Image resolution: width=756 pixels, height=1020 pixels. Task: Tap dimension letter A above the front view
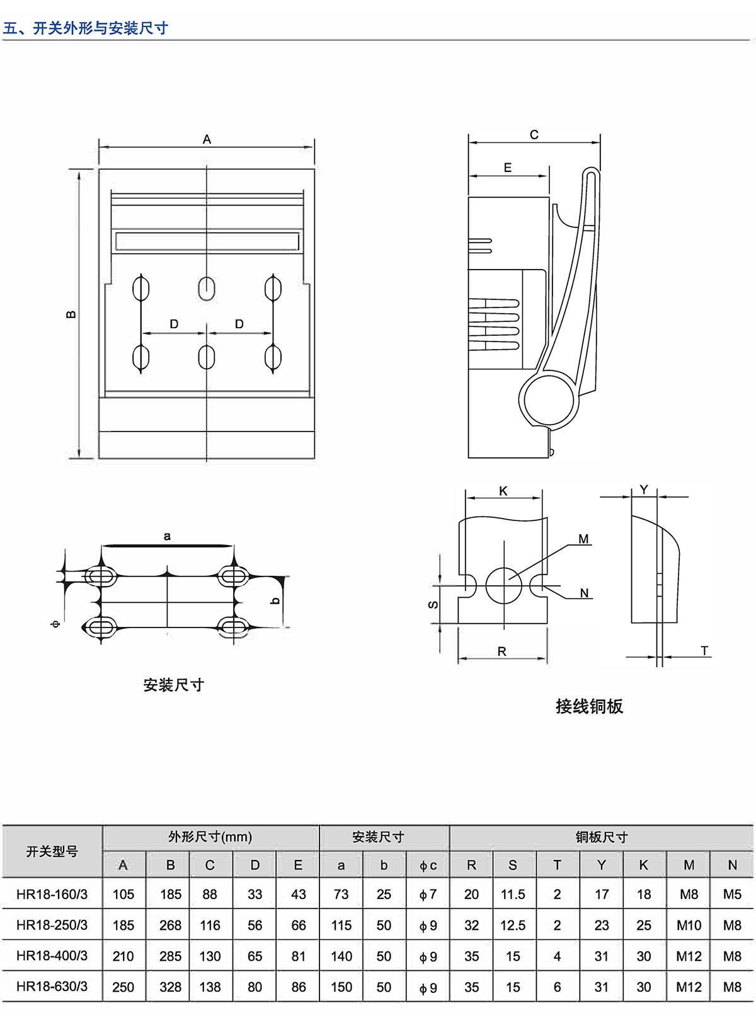coord(207,139)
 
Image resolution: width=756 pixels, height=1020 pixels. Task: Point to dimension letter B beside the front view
coord(71,314)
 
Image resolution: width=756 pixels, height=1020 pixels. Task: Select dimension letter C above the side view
coord(534,135)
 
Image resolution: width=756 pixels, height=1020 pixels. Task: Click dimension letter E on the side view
coord(508,168)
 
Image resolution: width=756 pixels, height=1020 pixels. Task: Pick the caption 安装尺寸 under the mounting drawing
coord(173,685)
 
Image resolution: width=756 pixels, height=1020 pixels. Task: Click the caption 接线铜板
coord(589,706)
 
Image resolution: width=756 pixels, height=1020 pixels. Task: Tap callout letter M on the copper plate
coord(583,539)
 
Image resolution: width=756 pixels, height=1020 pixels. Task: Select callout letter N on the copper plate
coord(584,593)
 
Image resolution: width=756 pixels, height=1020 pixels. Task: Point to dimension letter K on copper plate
coord(503,491)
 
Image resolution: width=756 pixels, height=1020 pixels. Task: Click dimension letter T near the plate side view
coord(704,651)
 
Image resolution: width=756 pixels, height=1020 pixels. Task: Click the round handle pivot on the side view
coord(549,400)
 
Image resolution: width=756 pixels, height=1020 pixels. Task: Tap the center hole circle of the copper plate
coord(504,585)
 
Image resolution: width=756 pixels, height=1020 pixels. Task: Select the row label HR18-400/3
coord(52,956)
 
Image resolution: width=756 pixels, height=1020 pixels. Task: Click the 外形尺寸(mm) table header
coord(210,837)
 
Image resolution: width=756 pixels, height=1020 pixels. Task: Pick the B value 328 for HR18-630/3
coord(170,987)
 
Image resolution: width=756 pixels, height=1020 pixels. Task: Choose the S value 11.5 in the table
coord(513,895)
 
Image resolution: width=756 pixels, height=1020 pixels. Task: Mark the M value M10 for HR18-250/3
coord(689,925)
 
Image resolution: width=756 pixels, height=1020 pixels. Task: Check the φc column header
coord(428,866)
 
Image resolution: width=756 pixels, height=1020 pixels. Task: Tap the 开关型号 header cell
coord(52,852)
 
